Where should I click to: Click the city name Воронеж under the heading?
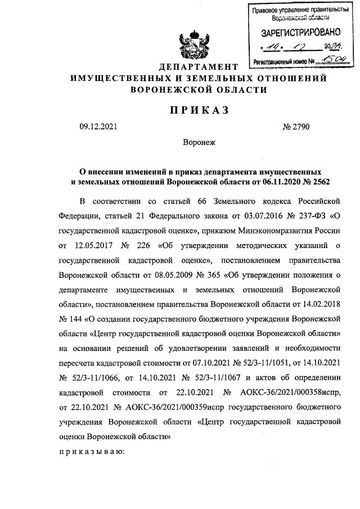click(x=199, y=143)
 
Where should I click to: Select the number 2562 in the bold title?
click(x=317, y=182)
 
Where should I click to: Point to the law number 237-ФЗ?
click(x=305, y=216)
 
